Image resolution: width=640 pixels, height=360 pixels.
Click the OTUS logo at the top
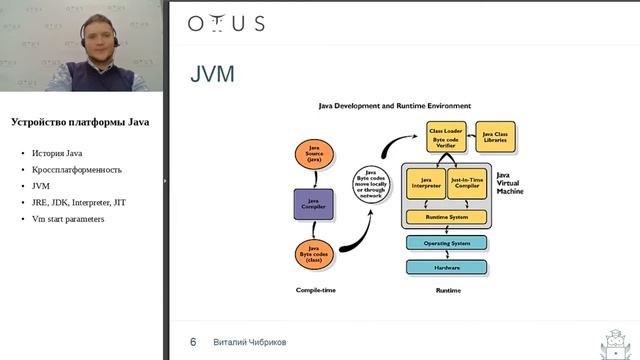[x=226, y=24]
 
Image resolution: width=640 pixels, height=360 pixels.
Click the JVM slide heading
[x=212, y=76]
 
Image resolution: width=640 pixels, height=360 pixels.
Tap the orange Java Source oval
[x=314, y=154]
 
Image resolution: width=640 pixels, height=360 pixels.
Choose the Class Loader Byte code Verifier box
[x=446, y=137]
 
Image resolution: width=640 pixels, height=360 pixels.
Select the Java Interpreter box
[x=427, y=184]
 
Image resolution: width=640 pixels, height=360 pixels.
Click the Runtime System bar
[x=447, y=216]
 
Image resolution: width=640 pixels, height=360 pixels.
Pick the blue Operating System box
[x=447, y=242]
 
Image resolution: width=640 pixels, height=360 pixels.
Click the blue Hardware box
[x=447, y=267]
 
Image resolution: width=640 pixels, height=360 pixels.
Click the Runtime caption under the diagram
[x=447, y=290]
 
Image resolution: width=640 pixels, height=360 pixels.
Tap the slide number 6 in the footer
[x=193, y=342]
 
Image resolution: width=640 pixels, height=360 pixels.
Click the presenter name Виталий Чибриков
[x=250, y=342]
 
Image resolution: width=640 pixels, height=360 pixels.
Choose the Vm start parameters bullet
[x=68, y=218]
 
